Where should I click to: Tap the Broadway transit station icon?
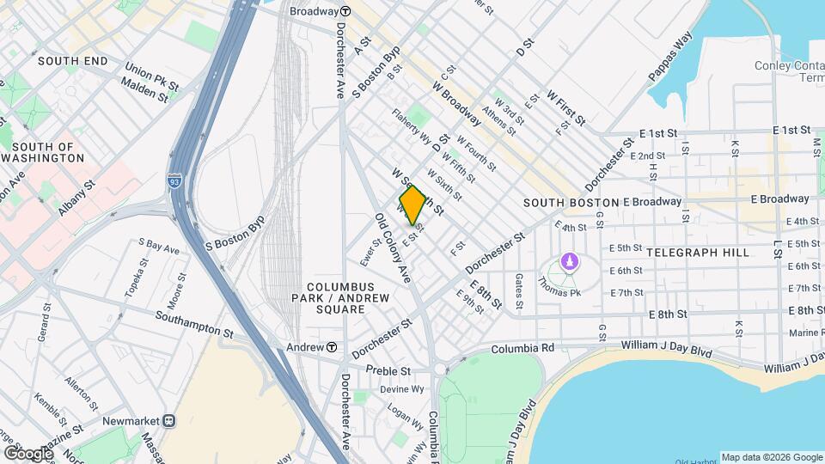point(345,12)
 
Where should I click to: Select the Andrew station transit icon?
point(331,347)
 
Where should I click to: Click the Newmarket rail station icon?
point(169,421)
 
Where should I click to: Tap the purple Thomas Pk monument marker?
point(567,260)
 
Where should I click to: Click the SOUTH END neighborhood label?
point(73,61)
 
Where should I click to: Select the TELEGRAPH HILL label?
point(697,253)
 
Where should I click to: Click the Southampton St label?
point(194,324)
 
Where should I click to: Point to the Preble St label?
point(388,371)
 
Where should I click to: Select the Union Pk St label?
point(150,75)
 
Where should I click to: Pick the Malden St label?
point(144,90)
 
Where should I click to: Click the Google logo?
point(27,453)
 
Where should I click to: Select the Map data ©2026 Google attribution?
point(771,457)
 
